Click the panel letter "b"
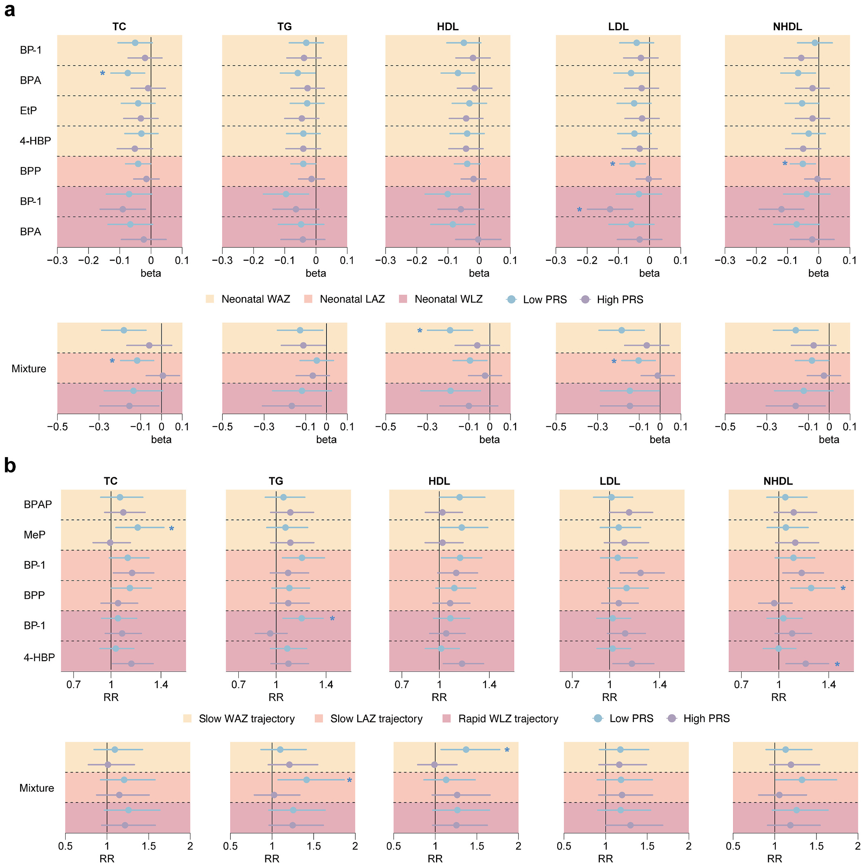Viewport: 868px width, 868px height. click(x=10, y=466)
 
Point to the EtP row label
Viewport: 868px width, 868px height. click(x=28, y=111)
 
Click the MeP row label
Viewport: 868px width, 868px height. click(x=35, y=535)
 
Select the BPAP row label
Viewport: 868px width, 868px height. click(x=38, y=505)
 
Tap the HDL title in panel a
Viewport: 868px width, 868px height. click(x=447, y=27)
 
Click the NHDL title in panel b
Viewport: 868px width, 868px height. click(x=778, y=481)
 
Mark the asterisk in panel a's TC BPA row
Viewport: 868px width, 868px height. click(x=103, y=74)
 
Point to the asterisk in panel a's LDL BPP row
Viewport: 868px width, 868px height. click(x=613, y=165)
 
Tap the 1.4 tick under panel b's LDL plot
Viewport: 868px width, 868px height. click(x=659, y=685)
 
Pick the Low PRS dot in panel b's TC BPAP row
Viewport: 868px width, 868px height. click(x=120, y=497)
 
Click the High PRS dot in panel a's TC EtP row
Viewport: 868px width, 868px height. click(x=141, y=119)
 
